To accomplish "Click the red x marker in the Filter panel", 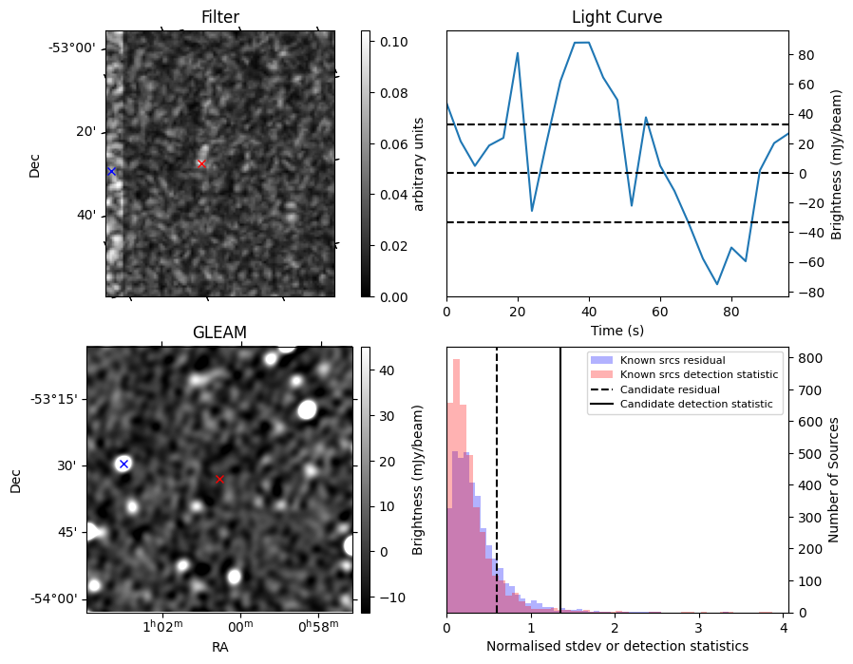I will (x=200, y=164).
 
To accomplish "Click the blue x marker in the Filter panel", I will (x=111, y=171).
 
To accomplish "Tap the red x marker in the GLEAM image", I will (x=219, y=480).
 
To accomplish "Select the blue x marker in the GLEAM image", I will (x=123, y=464).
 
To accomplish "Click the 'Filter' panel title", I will (x=219, y=17).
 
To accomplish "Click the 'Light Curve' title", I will (x=616, y=17).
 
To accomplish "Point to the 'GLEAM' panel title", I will (x=219, y=332).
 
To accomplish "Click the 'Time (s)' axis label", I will (x=616, y=330).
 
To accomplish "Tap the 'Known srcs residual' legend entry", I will (x=673, y=361).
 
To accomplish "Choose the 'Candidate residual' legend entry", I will (x=670, y=390).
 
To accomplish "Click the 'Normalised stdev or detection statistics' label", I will (x=616, y=646).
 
